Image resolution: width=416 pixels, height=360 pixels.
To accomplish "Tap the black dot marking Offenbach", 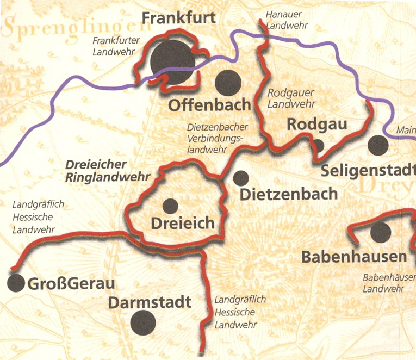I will pos(228,83).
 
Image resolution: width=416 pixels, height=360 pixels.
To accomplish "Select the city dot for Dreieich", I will pos(170,206).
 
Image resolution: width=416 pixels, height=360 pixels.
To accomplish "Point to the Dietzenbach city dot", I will pos(241,178).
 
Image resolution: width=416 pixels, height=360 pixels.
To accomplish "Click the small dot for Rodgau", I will pos(318,146).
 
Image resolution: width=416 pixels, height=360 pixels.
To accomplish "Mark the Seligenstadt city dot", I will pos(378,145).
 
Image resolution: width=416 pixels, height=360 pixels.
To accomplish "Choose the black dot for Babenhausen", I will pos(380,233).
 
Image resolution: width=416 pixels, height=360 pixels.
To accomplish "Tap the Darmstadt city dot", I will pos(144,323).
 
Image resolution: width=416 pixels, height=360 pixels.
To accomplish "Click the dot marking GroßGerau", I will pos(16,283).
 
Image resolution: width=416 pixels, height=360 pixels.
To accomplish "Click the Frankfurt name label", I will pos(178,18).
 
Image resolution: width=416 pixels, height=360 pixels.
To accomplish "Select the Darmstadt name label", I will pos(150,302).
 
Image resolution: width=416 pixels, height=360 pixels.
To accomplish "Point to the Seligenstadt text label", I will pos(368,170).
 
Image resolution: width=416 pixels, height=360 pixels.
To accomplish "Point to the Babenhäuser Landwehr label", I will pos(388,283).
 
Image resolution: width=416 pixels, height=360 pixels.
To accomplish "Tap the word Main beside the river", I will pos(406,131).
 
